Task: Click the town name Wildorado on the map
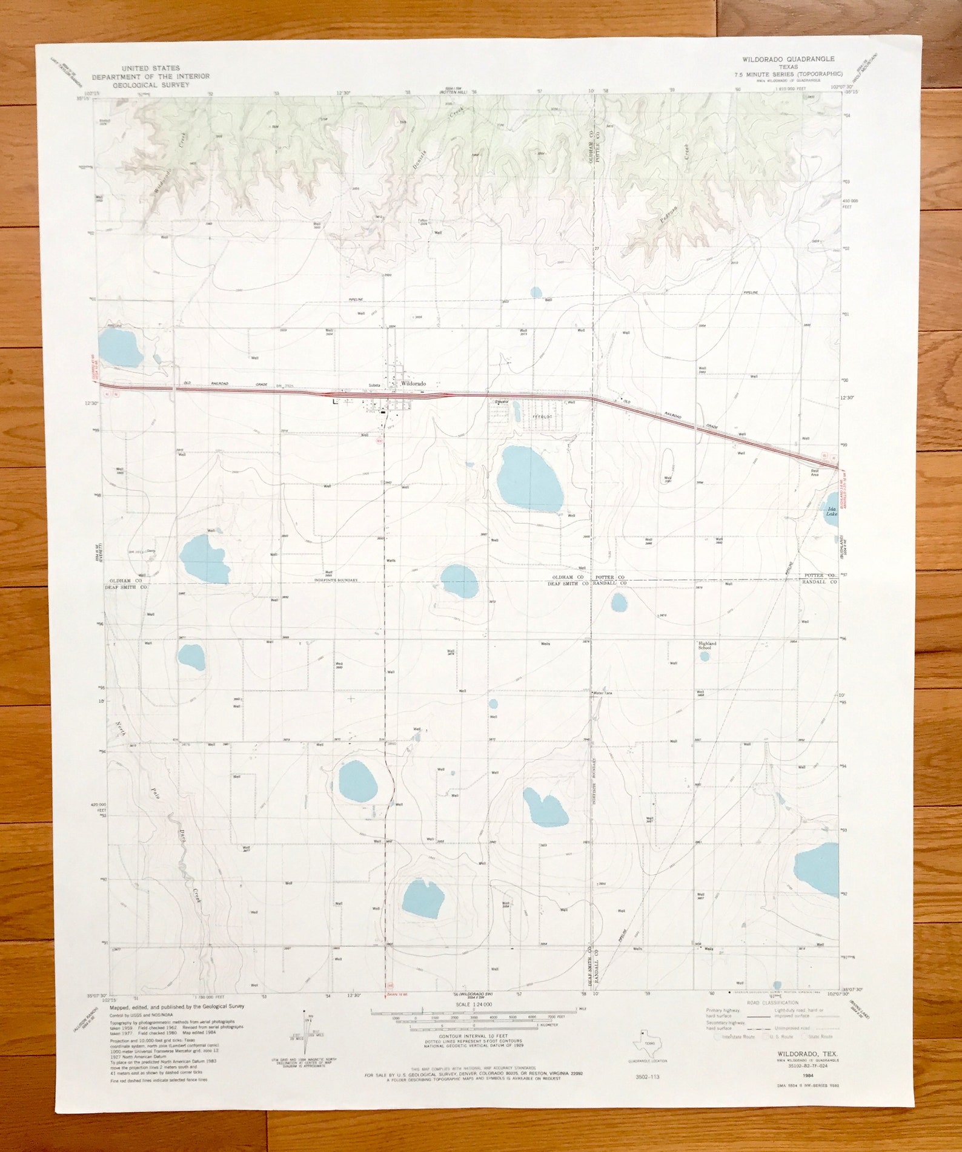pyautogui.click(x=413, y=384)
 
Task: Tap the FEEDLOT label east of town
pyautogui.click(x=542, y=417)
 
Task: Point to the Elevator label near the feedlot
pyautogui.click(x=501, y=401)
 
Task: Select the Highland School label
pyautogui.click(x=707, y=645)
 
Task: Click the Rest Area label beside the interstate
pyautogui.click(x=815, y=472)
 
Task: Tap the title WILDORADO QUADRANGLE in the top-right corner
pyautogui.click(x=788, y=59)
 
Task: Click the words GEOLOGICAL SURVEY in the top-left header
pyautogui.click(x=151, y=85)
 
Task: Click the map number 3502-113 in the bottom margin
pyautogui.click(x=647, y=1077)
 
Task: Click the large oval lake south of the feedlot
pyautogui.click(x=529, y=479)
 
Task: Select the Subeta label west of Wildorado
pyautogui.click(x=374, y=385)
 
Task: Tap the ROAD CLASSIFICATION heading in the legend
pyautogui.click(x=772, y=1003)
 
